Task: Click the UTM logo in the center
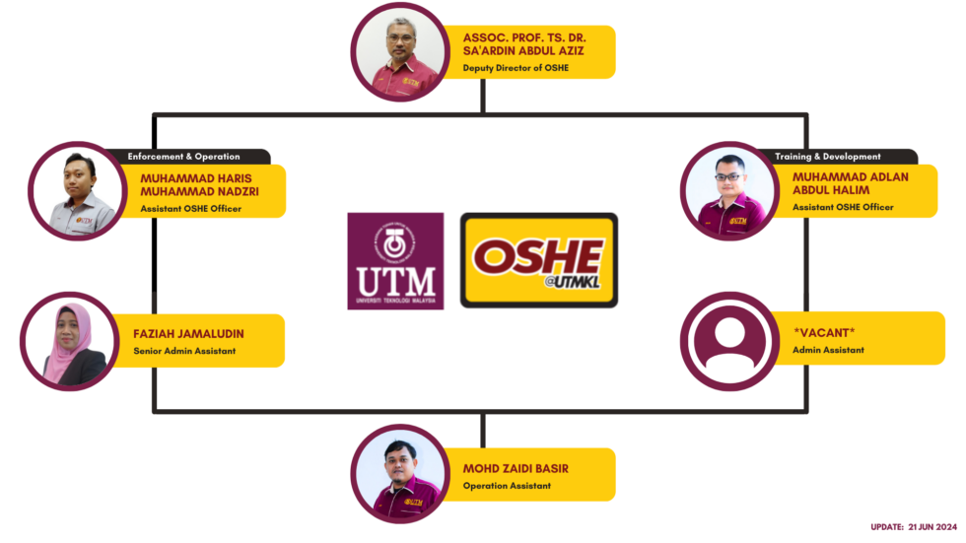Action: (395, 261)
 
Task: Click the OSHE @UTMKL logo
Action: (538, 261)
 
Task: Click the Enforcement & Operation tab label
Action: (184, 156)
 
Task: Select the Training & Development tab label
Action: (827, 156)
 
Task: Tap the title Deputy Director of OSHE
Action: (516, 68)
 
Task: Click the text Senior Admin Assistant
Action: (184, 351)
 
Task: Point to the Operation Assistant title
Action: (507, 485)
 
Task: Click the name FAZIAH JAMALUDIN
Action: (188, 333)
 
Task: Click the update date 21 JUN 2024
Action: (916, 527)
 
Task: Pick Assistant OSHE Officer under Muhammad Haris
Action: (190, 208)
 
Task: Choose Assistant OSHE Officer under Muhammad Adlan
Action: (843, 207)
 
